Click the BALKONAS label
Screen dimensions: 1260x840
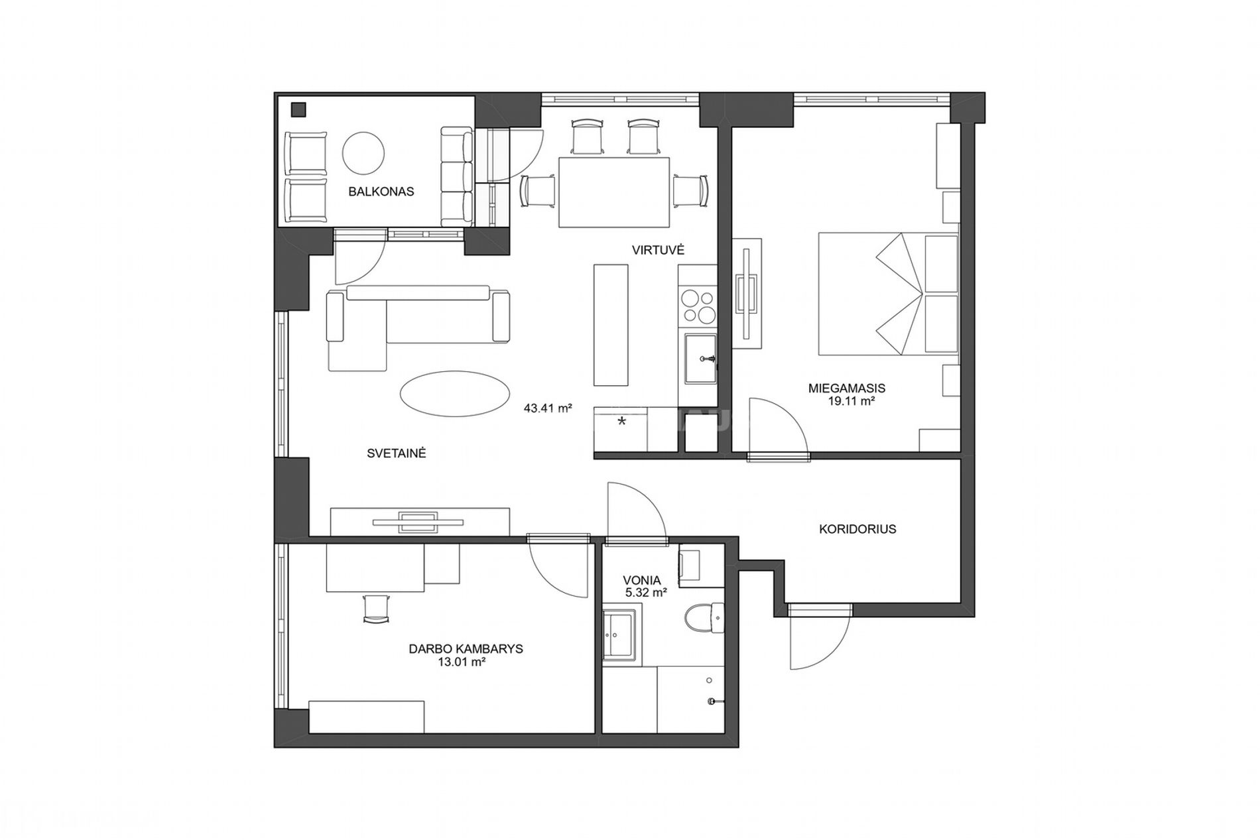tap(381, 192)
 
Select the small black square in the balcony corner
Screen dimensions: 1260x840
tap(299, 109)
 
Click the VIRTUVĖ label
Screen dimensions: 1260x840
tap(658, 250)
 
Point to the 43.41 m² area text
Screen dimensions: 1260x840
tap(548, 408)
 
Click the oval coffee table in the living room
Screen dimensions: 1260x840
tap(455, 394)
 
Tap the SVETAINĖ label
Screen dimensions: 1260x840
tap(396, 453)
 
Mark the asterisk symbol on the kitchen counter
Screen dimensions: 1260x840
tap(622, 421)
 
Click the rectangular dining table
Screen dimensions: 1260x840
tap(613, 192)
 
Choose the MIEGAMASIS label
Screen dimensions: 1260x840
tap(847, 389)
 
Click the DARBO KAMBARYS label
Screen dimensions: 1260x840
tap(466, 649)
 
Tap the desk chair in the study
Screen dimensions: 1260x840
tap(376, 608)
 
